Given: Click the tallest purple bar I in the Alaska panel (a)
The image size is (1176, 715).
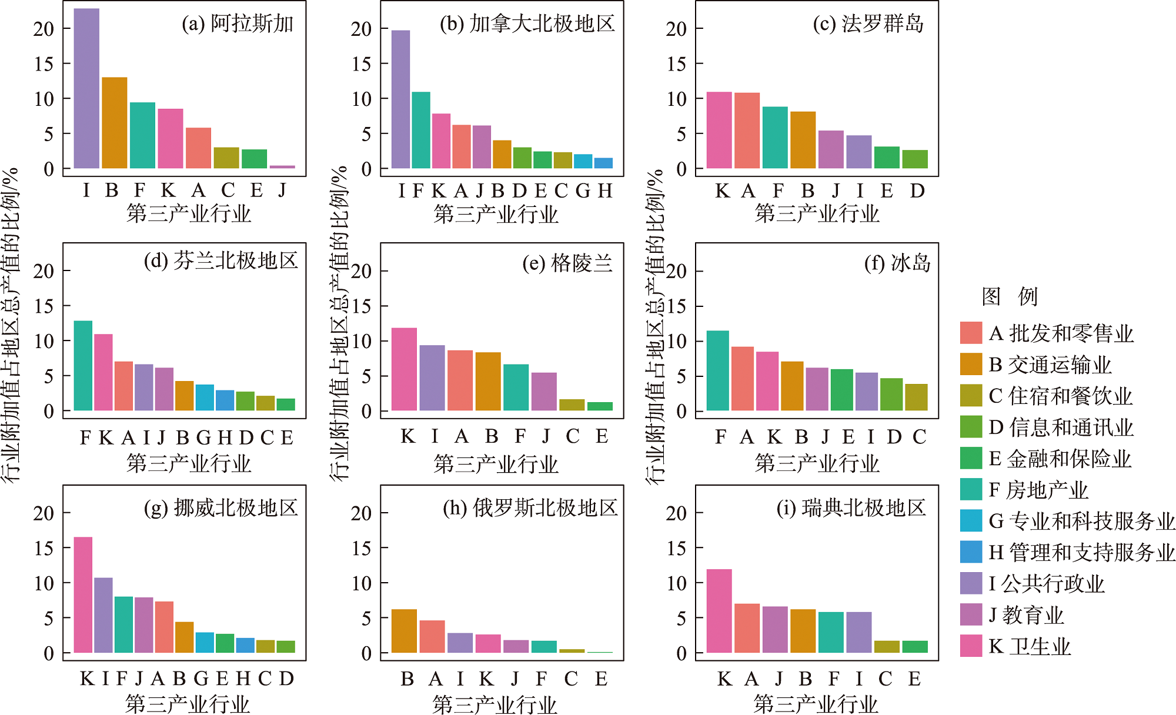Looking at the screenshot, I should tap(86, 88).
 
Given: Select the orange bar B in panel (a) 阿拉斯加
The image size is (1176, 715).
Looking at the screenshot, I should tap(114, 123).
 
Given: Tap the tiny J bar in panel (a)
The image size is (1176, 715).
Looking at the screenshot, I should tap(282, 167).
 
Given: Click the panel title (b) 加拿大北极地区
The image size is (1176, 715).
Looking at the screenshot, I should tap(527, 24).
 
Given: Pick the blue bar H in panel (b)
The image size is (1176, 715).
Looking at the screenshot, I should tap(603, 163).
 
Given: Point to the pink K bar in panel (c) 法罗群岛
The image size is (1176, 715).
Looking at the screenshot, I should tap(719, 130).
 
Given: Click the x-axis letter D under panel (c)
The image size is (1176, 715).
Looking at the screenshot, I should tap(917, 191).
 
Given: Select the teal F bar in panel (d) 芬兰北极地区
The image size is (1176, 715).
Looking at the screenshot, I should tap(83, 365).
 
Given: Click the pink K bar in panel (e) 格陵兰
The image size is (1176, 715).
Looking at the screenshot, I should tap(404, 369).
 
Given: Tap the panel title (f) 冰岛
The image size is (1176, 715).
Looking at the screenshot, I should tap(897, 263).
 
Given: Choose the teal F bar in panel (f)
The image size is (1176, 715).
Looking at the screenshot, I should tap(717, 370).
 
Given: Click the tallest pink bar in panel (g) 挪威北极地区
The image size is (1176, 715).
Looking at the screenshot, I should tap(83, 594).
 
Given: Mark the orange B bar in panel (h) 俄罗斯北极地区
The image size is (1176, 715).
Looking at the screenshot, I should tap(404, 631).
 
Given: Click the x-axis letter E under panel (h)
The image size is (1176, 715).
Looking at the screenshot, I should tap(601, 679).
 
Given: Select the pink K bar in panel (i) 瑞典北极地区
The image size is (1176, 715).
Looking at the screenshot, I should tap(719, 611).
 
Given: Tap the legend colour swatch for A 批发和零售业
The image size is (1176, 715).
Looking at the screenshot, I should tap(971, 333).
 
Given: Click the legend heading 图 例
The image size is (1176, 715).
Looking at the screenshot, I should tap(1010, 296).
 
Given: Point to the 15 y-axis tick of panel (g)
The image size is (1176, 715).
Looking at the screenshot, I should tap(44, 548).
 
